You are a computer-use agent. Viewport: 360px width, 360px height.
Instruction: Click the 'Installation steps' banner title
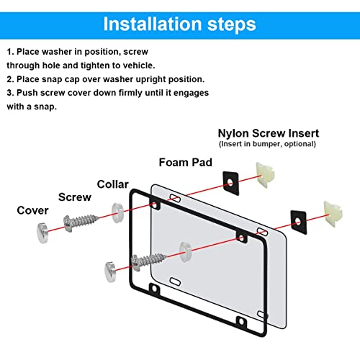point(179,24)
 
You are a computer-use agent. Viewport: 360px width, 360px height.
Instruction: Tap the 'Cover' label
point(32,210)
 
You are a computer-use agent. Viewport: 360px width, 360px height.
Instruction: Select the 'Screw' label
point(75,197)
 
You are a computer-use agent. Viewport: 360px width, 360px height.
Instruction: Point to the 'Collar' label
point(113,184)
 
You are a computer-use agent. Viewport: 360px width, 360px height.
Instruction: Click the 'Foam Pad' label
point(186,163)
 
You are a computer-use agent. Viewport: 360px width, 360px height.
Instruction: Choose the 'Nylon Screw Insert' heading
point(269,133)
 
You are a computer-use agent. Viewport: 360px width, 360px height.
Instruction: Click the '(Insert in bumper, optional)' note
point(267,144)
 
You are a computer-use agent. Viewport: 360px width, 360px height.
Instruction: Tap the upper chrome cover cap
point(42,233)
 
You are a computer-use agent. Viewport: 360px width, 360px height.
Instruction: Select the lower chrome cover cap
point(110,272)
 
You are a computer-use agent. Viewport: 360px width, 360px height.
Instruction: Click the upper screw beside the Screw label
point(81,222)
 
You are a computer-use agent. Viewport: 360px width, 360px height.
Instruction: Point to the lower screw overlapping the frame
point(149,261)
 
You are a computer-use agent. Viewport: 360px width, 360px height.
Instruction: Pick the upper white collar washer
point(117,212)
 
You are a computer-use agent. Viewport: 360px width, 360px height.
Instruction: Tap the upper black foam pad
point(230,184)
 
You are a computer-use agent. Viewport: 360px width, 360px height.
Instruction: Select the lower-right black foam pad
point(298,222)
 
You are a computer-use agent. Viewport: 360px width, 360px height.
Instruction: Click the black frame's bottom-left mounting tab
point(154,289)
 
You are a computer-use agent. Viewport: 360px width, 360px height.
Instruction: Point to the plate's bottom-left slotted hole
point(175,282)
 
